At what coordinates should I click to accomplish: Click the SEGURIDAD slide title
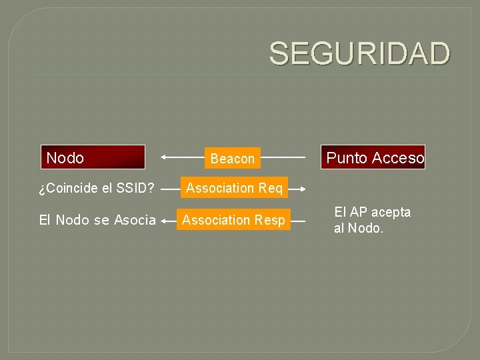pos(359,53)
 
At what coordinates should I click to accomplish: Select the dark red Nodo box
pos(93,157)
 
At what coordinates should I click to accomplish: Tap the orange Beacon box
pos(232,159)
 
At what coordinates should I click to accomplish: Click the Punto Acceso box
pos(373,157)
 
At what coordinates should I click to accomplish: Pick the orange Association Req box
pos(234,189)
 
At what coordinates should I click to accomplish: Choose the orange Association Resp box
pos(233,220)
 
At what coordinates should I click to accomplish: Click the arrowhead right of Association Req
pos(303,189)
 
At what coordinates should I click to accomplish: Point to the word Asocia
pos(135,220)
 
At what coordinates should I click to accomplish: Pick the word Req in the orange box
pos(271,189)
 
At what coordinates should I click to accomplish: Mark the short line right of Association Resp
pos(299,220)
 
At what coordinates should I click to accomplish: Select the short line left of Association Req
pos(170,189)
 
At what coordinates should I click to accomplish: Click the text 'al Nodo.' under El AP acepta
pos(359,229)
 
